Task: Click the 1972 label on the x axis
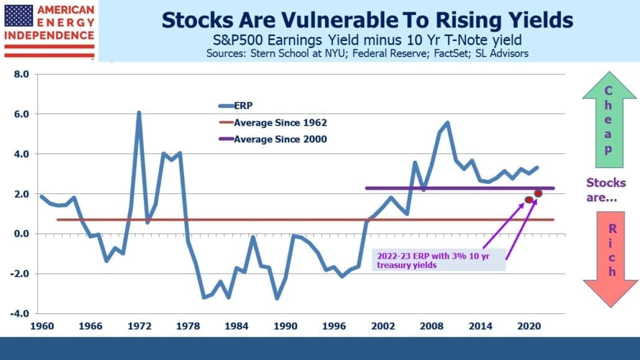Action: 139,326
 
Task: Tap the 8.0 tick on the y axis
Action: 22,74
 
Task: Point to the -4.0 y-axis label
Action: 20,313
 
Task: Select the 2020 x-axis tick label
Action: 529,326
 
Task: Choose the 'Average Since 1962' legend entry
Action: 273,122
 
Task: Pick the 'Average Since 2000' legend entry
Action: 273,139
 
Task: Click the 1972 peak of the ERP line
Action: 139,113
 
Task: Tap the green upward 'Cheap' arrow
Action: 609,120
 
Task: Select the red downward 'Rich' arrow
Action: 611,259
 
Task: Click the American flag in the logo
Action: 18,16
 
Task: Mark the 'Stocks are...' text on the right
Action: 606,190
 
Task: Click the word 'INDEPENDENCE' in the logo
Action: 49,35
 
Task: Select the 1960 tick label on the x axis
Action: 42,326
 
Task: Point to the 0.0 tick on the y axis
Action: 22,234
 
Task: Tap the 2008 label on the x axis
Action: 431,326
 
